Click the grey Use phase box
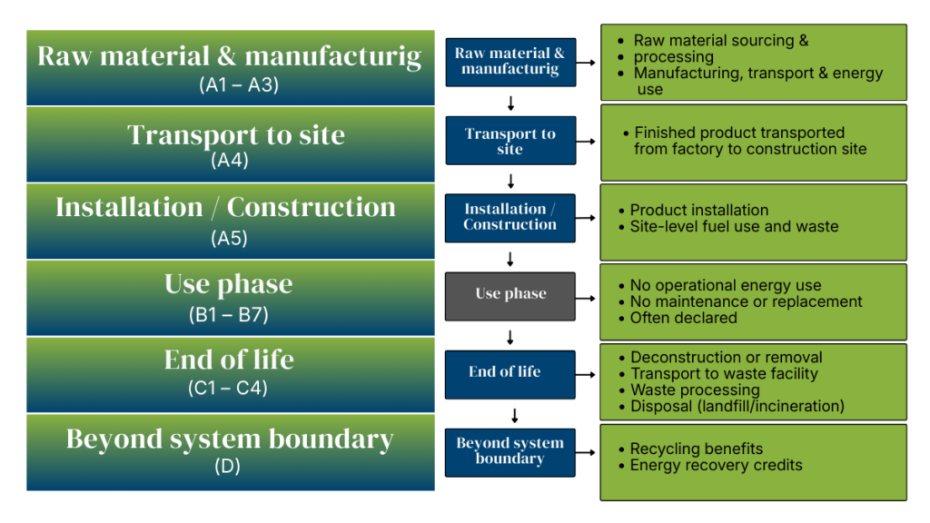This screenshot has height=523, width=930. click(510, 295)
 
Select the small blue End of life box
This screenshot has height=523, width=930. click(510, 373)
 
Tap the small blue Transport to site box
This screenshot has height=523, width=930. click(510, 141)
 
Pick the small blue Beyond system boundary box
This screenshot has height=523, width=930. click(510, 451)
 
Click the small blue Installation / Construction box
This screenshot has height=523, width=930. click(510, 217)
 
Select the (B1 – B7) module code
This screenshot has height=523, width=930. click(229, 316)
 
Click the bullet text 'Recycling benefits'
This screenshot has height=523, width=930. click(697, 449)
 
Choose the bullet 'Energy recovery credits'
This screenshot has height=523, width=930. click(717, 465)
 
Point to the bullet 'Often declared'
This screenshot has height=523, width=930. click(684, 318)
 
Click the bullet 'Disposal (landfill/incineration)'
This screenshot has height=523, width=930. click(737, 406)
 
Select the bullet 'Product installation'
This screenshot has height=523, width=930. click(699, 210)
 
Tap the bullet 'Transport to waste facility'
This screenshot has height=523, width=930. click(724, 373)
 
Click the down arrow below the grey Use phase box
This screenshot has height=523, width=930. click(510, 338)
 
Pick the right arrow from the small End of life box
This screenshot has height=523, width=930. click(587, 373)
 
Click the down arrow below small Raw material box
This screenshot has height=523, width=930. click(510, 103)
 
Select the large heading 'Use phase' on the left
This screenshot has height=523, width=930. click(229, 284)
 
